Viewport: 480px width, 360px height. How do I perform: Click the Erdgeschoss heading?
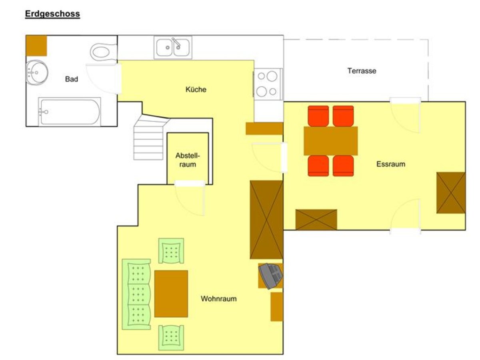[x=52, y=14]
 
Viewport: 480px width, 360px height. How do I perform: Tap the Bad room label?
[x=72, y=79]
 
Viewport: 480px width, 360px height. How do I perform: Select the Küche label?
[x=196, y=89]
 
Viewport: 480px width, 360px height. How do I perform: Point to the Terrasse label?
[x=362, y=71]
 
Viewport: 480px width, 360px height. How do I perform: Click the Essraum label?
[x=390, y=164]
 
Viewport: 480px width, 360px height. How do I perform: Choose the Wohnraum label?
[x=218, y=298]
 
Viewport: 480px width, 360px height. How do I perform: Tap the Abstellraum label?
[x=188, y=160]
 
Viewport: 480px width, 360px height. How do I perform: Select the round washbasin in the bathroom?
[x=37, y=72]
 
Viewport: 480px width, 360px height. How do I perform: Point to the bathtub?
[x=70, y=112]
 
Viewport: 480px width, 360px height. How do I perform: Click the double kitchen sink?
[x=173, y=48]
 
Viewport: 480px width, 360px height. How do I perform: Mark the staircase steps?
[x=151, y=138]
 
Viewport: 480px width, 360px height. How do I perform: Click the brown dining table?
[x=331, y=141]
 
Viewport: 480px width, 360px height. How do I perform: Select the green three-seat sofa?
[x=136, y=294]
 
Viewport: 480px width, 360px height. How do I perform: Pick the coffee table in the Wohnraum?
[x=171, y=294]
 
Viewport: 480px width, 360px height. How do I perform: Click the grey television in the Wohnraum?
[x=270, y=276]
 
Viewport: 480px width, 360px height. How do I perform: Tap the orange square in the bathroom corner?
[x=36, y=46]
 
